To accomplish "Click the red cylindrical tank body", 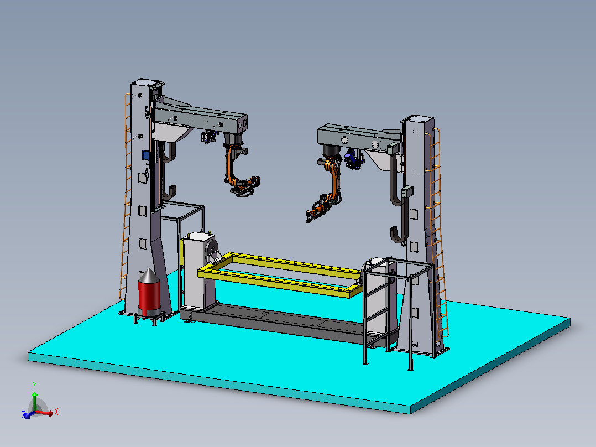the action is click(149, 295).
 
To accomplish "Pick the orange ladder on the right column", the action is click(438, 232).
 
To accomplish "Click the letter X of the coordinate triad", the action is click(56, 412).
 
